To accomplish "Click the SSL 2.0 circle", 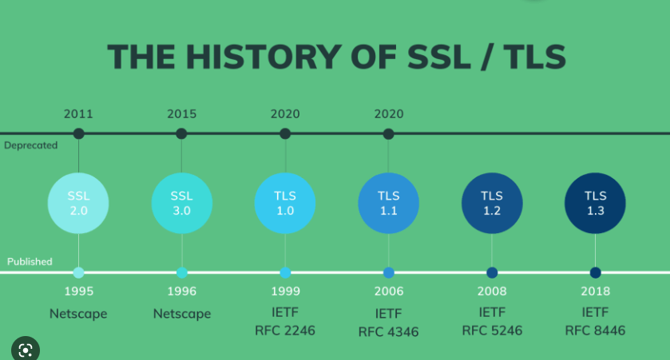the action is [x=78, y=204].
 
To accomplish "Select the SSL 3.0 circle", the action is [x=181, y=204].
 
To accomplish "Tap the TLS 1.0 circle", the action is [x=285, y=204].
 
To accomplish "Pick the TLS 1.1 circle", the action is [x=388, y=204].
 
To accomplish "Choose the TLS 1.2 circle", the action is [x=492, y=204].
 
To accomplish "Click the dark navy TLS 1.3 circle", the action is [x=595, y=204].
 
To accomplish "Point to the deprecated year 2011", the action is [x=78, y=114].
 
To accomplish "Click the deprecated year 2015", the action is [x=181, y=114].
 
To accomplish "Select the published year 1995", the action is [x=78, y=291].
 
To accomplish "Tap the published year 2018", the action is [x=595, y=291].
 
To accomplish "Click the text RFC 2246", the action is [x=285, y=330].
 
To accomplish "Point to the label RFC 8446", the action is [x=595, y=330].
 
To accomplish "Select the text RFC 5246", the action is [x=492, y=330].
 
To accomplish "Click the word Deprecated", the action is [x=31, y=145].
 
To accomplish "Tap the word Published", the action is [x=30, y=261].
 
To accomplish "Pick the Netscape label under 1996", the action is [x=182, y=314].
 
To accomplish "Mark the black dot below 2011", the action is [x=78, y=133].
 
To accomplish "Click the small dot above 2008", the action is [x=492, y=272].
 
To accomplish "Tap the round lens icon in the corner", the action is [x=26, y=350].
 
